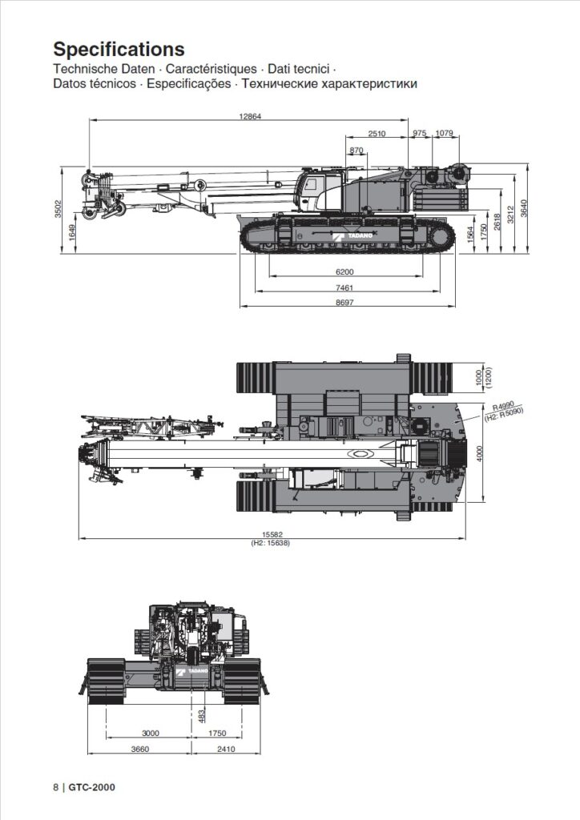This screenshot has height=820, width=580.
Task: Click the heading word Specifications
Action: [119, 50]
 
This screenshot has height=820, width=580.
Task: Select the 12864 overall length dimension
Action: [250, 116]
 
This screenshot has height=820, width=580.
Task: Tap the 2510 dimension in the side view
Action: [377, 133]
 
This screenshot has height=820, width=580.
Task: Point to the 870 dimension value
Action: [356, 151]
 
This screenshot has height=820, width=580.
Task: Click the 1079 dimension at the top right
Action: [444, 133]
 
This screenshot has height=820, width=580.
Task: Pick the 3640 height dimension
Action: [524, 207]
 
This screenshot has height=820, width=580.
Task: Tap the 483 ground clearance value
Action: [201, 715]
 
